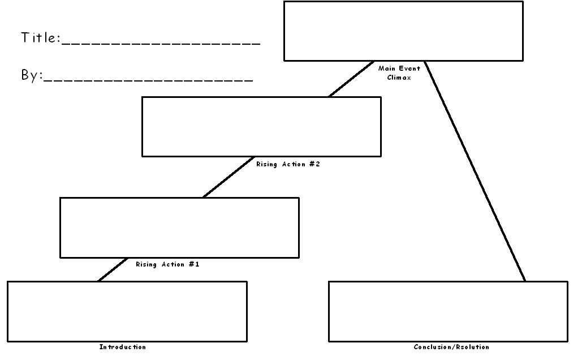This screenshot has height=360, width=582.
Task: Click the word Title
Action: (41, 37)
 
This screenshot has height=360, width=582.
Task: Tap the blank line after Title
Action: (161, 44)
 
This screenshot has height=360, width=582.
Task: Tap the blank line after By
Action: (148, 80)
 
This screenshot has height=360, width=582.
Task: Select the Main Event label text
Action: (399, 68)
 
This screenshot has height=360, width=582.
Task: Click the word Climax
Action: (399, 78)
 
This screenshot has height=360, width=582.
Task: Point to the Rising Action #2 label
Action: (288, 164)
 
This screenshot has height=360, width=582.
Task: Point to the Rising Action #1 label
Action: (167, 264)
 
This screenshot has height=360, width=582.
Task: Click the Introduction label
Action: (123, 347)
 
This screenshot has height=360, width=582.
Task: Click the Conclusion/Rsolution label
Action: (451, 347)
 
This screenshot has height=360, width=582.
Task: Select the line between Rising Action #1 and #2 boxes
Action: (229, 177)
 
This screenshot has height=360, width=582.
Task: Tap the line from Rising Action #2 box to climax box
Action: (351, 79)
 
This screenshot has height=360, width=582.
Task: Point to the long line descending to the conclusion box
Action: (475, 172)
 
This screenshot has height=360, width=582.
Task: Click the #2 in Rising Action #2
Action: (314, 164)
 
